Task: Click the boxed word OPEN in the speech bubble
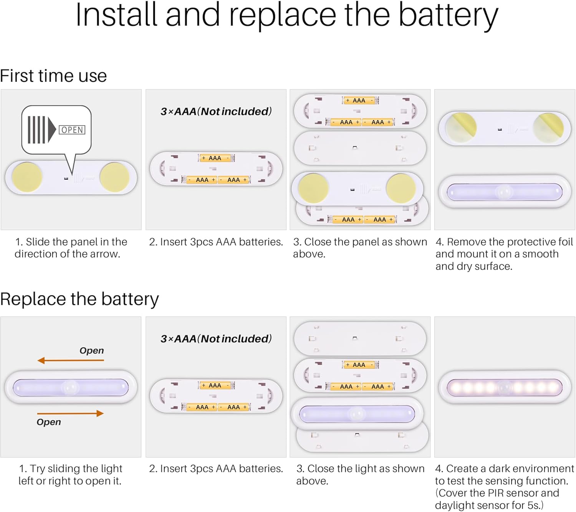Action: point(72,130)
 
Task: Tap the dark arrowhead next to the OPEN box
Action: point(52,130)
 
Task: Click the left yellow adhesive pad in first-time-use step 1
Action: point(27,177)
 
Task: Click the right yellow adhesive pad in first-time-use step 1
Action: point(114,177)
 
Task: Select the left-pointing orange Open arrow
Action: point(71,360)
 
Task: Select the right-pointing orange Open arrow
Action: point(71,413)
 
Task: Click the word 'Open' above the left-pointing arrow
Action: point(91,350)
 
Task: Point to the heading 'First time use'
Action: point(53,76)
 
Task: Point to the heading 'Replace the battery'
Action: point(79,299)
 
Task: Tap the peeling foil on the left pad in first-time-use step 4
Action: point(461,126)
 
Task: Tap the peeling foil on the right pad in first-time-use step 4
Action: point(548,125)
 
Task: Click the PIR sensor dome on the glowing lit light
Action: point(505,387)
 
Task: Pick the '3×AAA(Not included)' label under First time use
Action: point(216,111)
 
